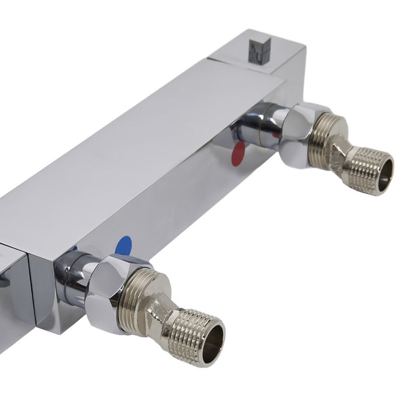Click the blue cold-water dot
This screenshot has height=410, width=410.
[124, 245]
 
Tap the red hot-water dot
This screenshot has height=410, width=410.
[236, 154]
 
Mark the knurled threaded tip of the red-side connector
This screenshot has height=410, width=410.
[369, 170]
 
